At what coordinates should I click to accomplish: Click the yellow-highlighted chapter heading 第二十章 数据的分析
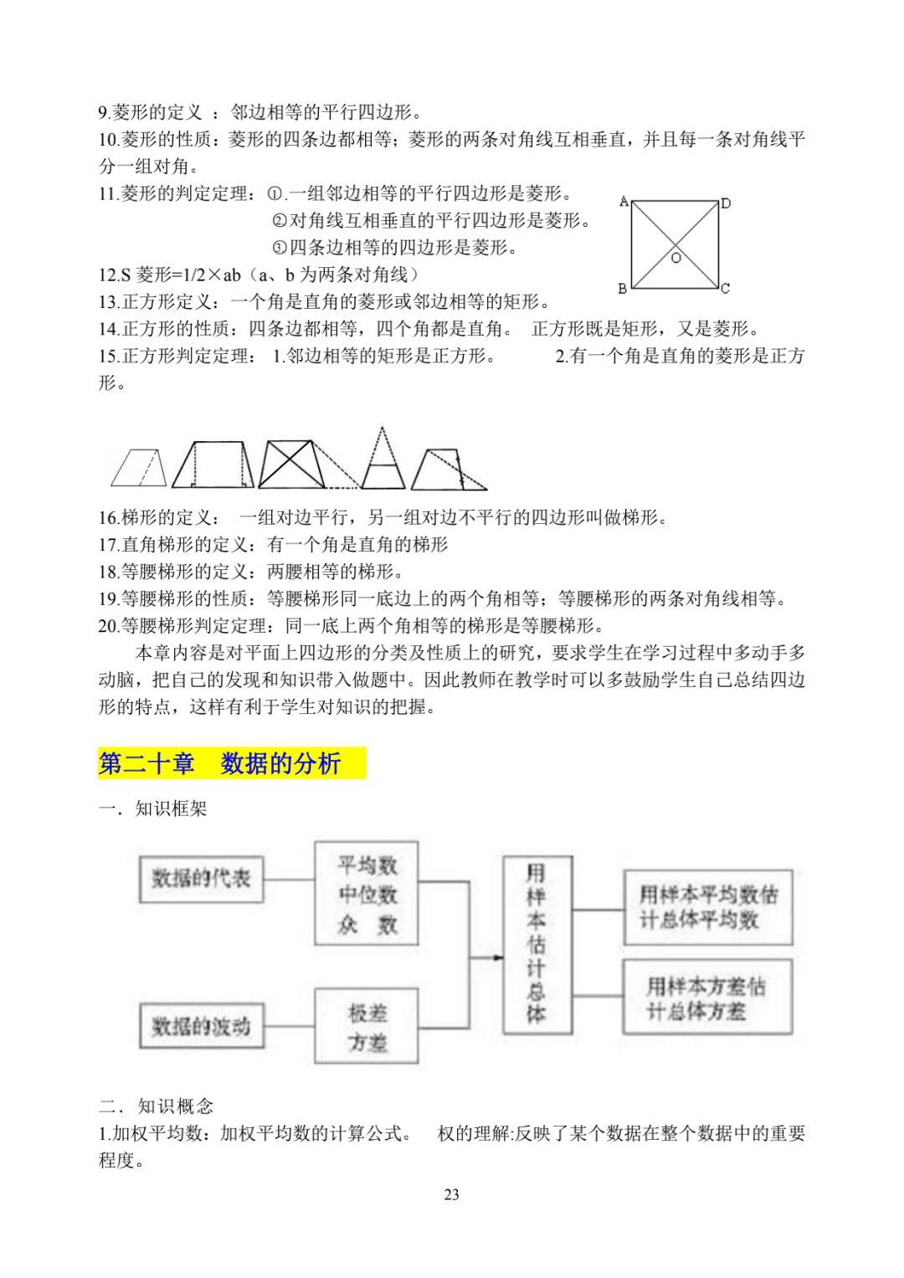(x=231, y=762)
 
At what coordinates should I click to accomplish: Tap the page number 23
(x=451, y=1194)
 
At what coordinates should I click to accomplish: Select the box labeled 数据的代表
(x=200, y=879)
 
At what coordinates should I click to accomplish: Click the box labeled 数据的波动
(x=200, y=1026)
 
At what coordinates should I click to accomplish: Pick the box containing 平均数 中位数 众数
(x=367, y=895)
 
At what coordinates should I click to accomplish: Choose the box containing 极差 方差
(x=367, y=1027)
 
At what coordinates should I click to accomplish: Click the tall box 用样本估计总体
(x=537, y=944)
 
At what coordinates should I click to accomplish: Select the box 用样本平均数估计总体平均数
(x=708, y=906)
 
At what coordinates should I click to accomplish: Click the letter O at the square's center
(x=676, y=259)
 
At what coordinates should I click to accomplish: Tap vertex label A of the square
(x=624, y=201)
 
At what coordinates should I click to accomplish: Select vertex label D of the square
(x=726, y=203)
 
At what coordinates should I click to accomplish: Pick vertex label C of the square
(x=725, y=289)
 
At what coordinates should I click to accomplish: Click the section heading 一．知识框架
(x=152, y=809)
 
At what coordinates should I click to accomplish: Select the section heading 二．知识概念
(x=156, y=1106)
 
